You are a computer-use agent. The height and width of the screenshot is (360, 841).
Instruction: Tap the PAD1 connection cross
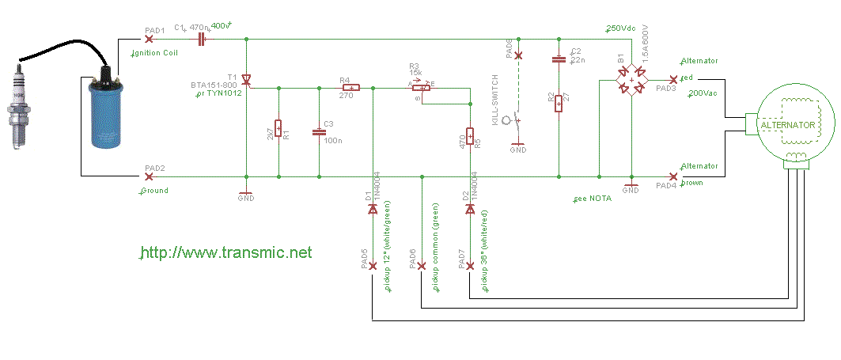click(149, 39)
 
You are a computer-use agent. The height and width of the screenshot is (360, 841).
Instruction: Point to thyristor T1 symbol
click(246, 81)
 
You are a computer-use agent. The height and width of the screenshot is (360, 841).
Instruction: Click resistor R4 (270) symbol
click(349, 88)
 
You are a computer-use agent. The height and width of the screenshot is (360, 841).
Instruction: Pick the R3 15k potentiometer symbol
click(423, 88)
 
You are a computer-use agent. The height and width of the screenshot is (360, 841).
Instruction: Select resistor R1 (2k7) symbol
click(278, 132)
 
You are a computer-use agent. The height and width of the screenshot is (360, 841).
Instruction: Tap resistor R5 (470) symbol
click(470, 138)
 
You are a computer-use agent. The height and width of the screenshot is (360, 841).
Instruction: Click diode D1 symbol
click(372, 209)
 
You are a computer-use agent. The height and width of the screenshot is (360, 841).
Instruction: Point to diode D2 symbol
click(470, 209)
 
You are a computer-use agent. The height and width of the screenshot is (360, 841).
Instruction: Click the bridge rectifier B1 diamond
click(631, 80)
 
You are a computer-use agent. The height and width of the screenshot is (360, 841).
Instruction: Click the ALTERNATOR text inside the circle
click(787, 126)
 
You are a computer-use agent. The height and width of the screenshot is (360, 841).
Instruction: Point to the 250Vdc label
click(622, 28)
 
